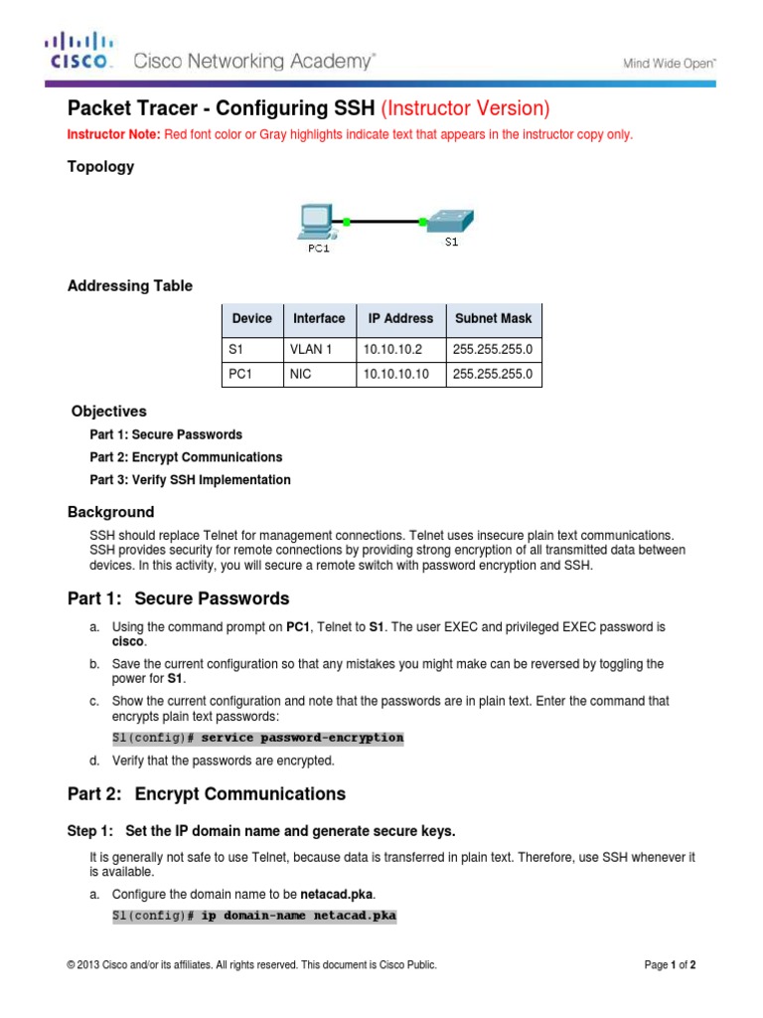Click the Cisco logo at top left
(79, 52)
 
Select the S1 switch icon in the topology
(448, 220)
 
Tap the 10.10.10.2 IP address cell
(392, 349)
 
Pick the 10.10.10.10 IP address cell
(396, 375)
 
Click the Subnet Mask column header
(493, 319)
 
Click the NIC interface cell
(300, 375)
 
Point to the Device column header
(251, 319)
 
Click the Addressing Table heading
(129, 286)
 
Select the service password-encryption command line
(257, 739)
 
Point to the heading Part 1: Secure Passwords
(178, 598)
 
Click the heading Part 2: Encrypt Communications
(206, 793)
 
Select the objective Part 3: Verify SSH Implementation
(190, 480)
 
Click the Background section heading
(110, 513)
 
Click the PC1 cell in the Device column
(239, 375)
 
